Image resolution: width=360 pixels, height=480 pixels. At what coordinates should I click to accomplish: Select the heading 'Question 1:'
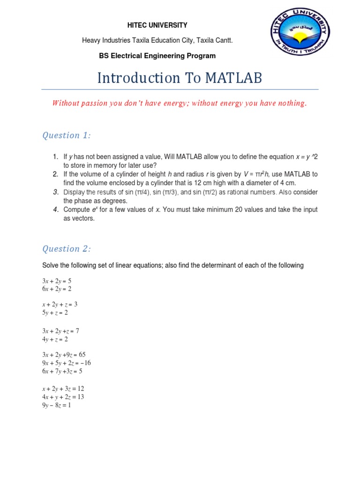67,135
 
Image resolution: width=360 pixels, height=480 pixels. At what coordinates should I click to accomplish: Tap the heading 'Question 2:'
67,249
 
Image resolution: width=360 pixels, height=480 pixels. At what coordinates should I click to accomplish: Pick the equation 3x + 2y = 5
57,281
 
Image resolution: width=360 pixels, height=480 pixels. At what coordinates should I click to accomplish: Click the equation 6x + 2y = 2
57,289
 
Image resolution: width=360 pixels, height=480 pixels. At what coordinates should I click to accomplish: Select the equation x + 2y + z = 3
60,305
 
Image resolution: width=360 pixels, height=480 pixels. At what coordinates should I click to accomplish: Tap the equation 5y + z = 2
55,313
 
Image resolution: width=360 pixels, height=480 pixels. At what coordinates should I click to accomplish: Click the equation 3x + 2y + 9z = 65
64,355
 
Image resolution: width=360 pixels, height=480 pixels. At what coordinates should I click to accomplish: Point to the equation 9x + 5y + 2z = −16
66,363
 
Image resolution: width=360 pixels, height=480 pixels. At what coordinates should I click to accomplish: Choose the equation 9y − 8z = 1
56,405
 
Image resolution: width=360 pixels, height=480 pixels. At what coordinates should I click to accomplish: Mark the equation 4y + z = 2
55,339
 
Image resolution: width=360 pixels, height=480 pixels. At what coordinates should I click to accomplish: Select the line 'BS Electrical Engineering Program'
157,56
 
